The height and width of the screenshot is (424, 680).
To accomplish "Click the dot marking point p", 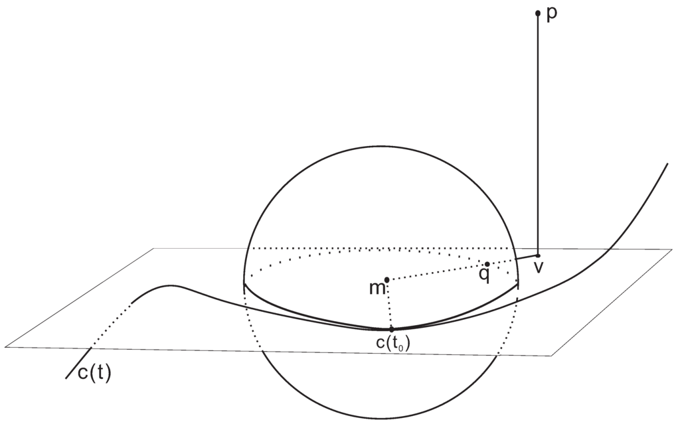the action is coord(538,13).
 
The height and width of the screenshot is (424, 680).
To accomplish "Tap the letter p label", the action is coord(552,15).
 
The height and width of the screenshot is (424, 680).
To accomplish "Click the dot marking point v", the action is coord(538,255).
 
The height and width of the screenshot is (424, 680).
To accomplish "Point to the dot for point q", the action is coord(487,264).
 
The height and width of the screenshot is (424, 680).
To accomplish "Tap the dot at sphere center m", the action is coord(386,279).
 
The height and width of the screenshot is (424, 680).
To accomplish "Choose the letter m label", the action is coord(376,289).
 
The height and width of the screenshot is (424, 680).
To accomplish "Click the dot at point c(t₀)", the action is coord(391,328).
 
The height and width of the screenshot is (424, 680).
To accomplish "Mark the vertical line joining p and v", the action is coord(538,133).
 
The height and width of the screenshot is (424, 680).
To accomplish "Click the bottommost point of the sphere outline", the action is coord(382,419).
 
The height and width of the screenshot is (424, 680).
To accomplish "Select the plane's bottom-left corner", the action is coord(5,346).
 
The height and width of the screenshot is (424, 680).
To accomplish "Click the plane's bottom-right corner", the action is coord(551,356).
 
